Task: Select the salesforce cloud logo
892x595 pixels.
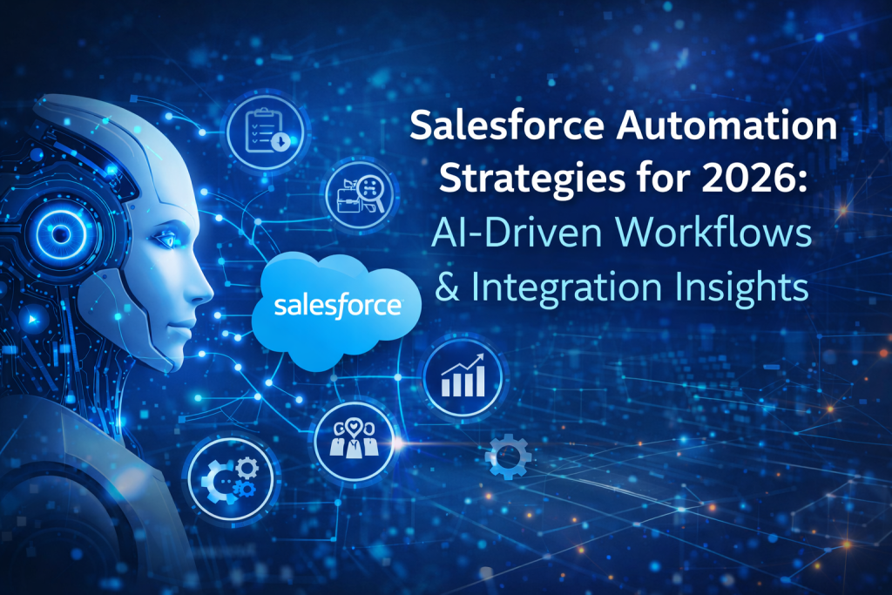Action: coord(337,306)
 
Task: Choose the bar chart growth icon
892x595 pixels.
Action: coord(463,375)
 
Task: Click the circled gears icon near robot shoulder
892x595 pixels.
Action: coord(230,477)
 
